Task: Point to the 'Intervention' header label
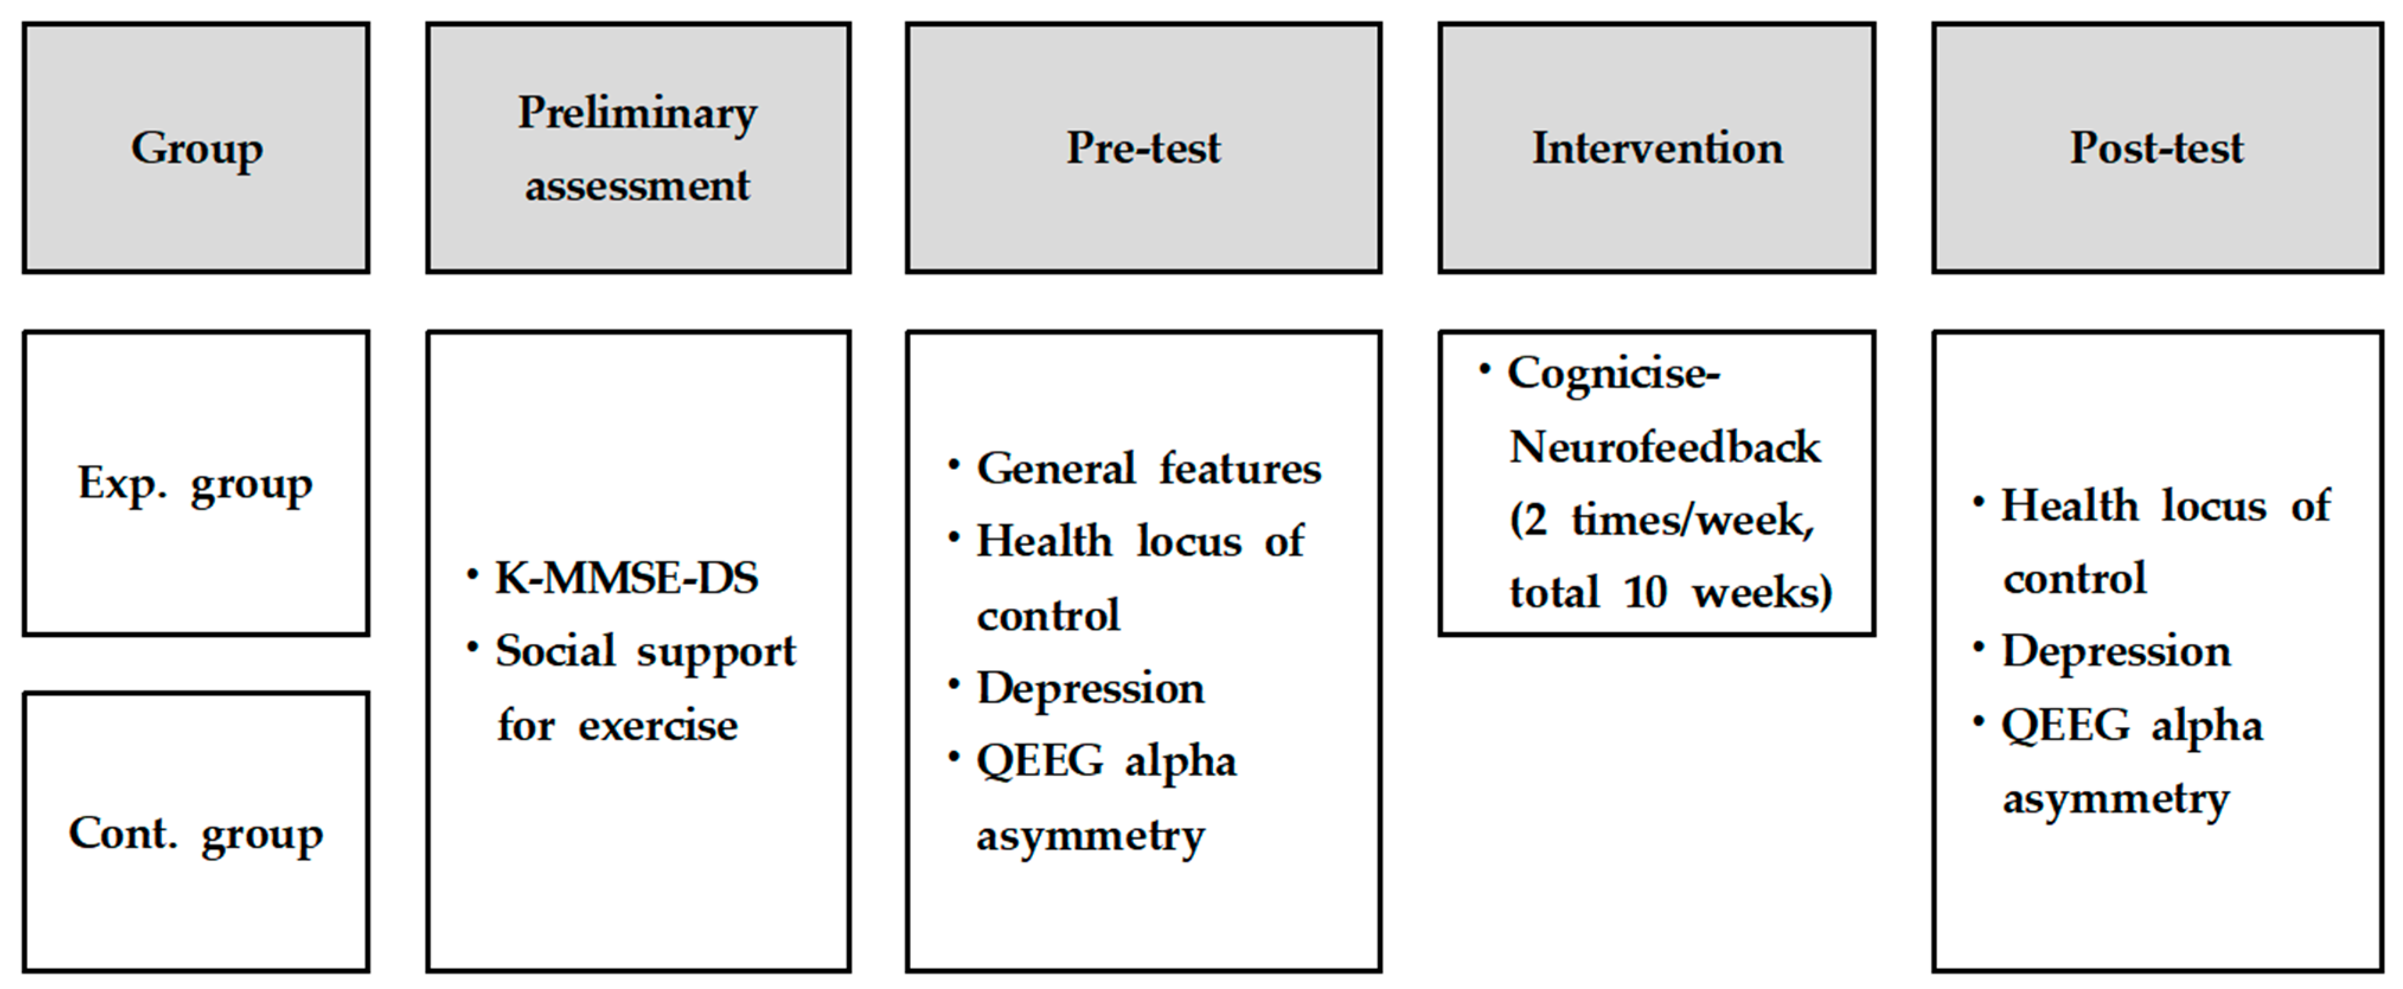(x=1657, y=148)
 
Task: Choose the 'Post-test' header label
(x=2156, y=148)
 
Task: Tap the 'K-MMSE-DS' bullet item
(x=625, y=578)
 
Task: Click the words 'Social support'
(x=645, y=651)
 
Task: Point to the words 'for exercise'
(x=617, y=725)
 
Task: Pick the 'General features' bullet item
(x=1148, y=468)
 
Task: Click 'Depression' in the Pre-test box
(x=1090, y=689)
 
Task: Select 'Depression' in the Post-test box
(x=2116, y=651)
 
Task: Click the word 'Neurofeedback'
(x=1664, y=447)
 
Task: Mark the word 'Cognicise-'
(x=1613, y=373)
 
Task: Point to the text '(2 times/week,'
(x=1662, y=520)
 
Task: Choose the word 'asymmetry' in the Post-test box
(x=2115, y=799)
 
